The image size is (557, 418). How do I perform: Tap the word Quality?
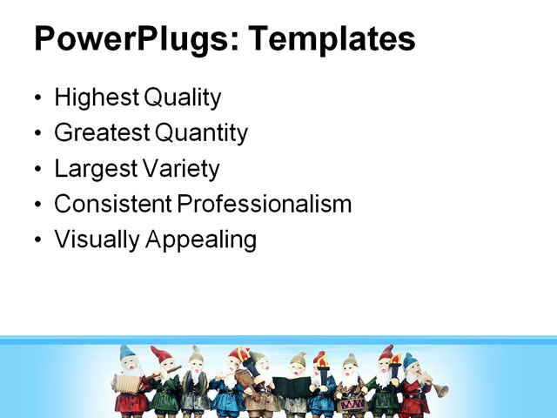183,98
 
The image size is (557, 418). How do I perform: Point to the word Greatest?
101,133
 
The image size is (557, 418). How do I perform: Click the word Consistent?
112,204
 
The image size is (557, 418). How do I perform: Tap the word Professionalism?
265,204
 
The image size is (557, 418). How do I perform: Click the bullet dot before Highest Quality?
37,98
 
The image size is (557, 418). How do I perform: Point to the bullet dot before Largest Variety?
37,169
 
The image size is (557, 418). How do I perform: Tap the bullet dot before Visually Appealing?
37,240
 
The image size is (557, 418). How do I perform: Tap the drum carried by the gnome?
352,403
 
